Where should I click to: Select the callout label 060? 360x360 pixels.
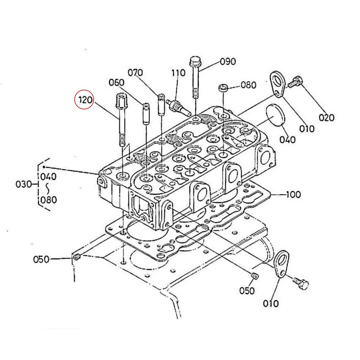(116, 82)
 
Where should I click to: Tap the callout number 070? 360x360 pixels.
(135, 73)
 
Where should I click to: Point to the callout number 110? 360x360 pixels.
(179, 73)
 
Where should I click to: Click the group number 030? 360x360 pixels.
(24, 184)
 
